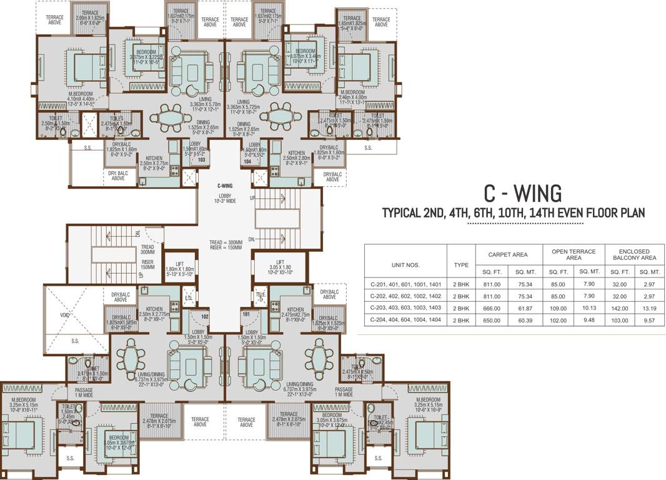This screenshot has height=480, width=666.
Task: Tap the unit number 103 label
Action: (x=201, y=160)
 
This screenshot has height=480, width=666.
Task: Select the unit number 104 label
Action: (x=247, y=161)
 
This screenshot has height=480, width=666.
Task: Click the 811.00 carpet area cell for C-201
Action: (x=492, y=284)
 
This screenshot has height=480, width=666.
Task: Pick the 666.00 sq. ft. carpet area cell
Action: (x=492, y=308)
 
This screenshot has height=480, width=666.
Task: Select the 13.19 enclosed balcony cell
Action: (x=648, y=308)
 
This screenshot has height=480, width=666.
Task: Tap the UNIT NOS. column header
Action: (x=405, y=264)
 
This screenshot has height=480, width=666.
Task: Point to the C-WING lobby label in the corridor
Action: (x=224, y=186)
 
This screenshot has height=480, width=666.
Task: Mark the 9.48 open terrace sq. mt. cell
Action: (x=588, y=320)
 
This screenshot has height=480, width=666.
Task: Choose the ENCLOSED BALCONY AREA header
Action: (x=634, y=254)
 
